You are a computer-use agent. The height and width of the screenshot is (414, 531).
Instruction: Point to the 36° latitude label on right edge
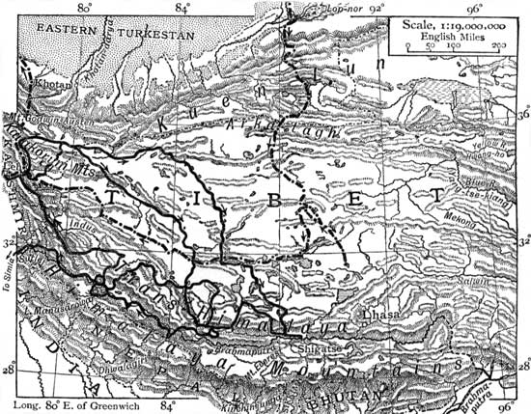(523, 114)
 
